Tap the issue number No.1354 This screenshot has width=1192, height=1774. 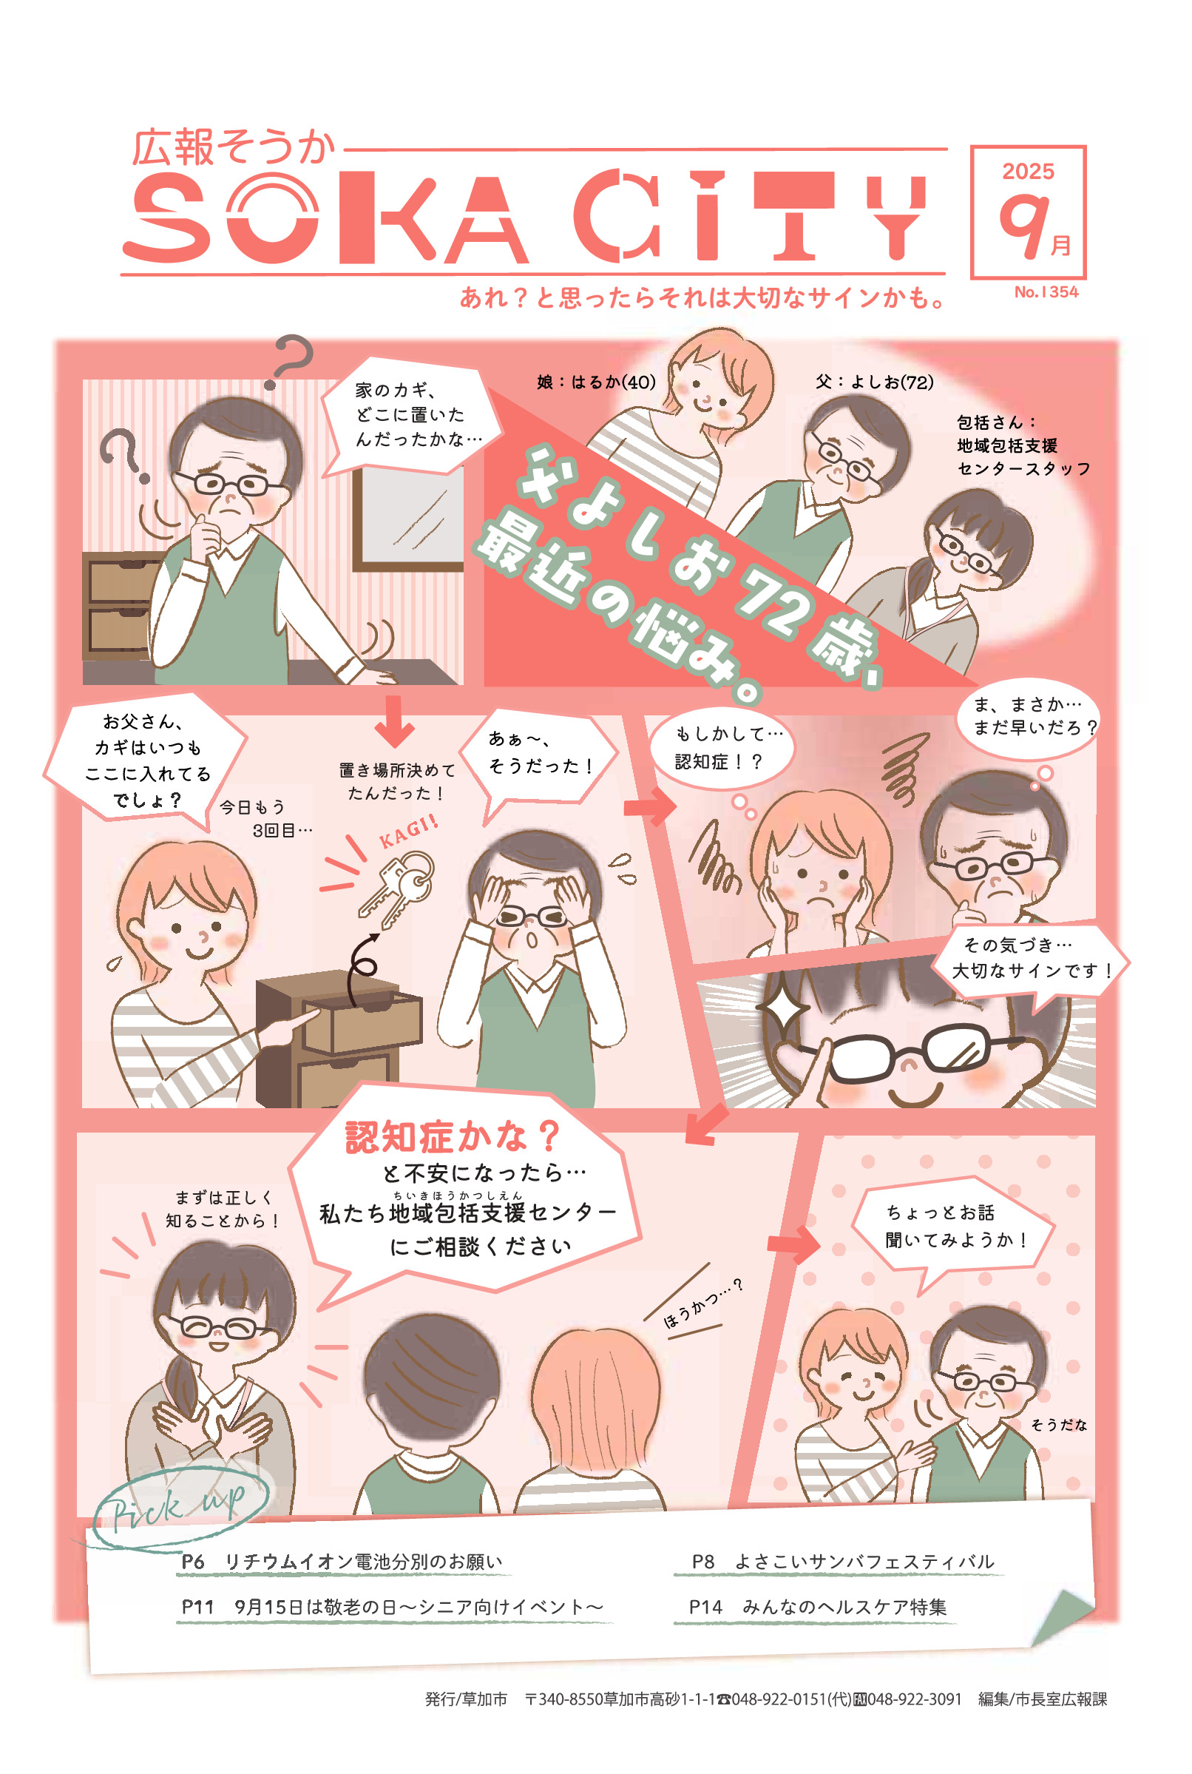[x=1046, y=292]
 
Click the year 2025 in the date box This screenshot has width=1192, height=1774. [x=1028, y=171]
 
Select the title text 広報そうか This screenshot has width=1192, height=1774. [x=233, y=147]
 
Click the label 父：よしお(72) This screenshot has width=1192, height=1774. [x=873, y=382]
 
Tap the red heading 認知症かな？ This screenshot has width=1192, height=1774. [x=453, y=1137]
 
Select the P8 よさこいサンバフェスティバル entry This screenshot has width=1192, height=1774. [x=842, y=1561]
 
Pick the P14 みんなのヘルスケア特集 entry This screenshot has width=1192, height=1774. [x=817, y=1607]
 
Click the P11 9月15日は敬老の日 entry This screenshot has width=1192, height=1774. [x=391, y=1607]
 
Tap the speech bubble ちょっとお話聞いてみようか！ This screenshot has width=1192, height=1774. [x=950, y=1227]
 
